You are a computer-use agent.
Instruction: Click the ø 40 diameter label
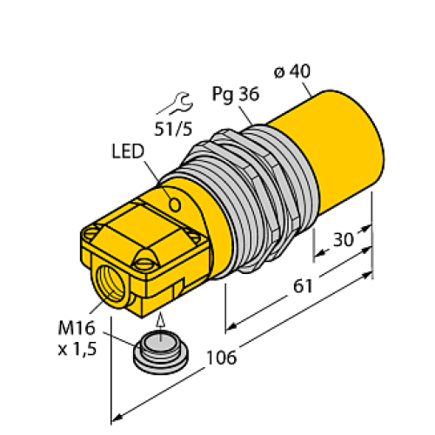291,73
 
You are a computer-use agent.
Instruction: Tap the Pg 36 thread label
232,92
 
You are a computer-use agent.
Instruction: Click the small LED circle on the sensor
174,205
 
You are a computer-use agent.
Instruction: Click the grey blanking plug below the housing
158,349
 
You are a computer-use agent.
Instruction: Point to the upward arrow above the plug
160,317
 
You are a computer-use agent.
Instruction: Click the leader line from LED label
157,179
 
